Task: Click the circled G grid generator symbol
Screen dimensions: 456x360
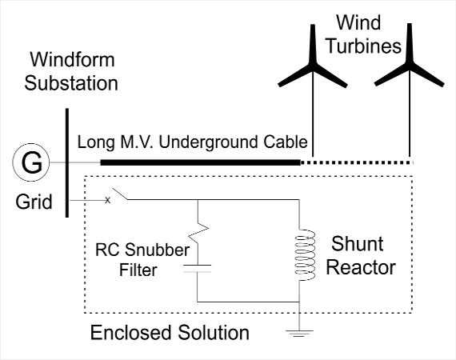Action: (x=31, y=162)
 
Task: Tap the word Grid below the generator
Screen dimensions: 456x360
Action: (x=34, y=202)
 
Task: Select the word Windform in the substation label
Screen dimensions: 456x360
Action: (x=73, y=59)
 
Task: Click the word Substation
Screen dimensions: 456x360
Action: (x=71, y=83)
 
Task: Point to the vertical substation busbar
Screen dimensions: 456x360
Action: (x=67, y=163)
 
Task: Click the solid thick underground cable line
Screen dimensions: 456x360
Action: (x=200, y=162)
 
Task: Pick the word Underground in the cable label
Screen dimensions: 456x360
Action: (x=209, y=142)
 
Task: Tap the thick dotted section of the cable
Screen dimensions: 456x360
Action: (x=357, y=162)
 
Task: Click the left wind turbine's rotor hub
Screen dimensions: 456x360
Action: (x=313, y=65)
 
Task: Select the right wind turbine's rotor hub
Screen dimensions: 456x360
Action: (x=410, y=65)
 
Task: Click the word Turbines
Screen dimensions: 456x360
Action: (x=364, y=46)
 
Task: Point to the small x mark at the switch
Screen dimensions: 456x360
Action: (x=108, y=200)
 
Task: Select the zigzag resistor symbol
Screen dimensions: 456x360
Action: (x=198, y=231)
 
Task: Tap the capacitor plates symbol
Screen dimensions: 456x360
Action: (x=198, y=269)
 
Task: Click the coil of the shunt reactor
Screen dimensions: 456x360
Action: (x=305, y=255)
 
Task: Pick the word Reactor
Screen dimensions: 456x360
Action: (x=361, y=267)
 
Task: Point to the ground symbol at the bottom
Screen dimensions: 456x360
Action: (x=299, y=334)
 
